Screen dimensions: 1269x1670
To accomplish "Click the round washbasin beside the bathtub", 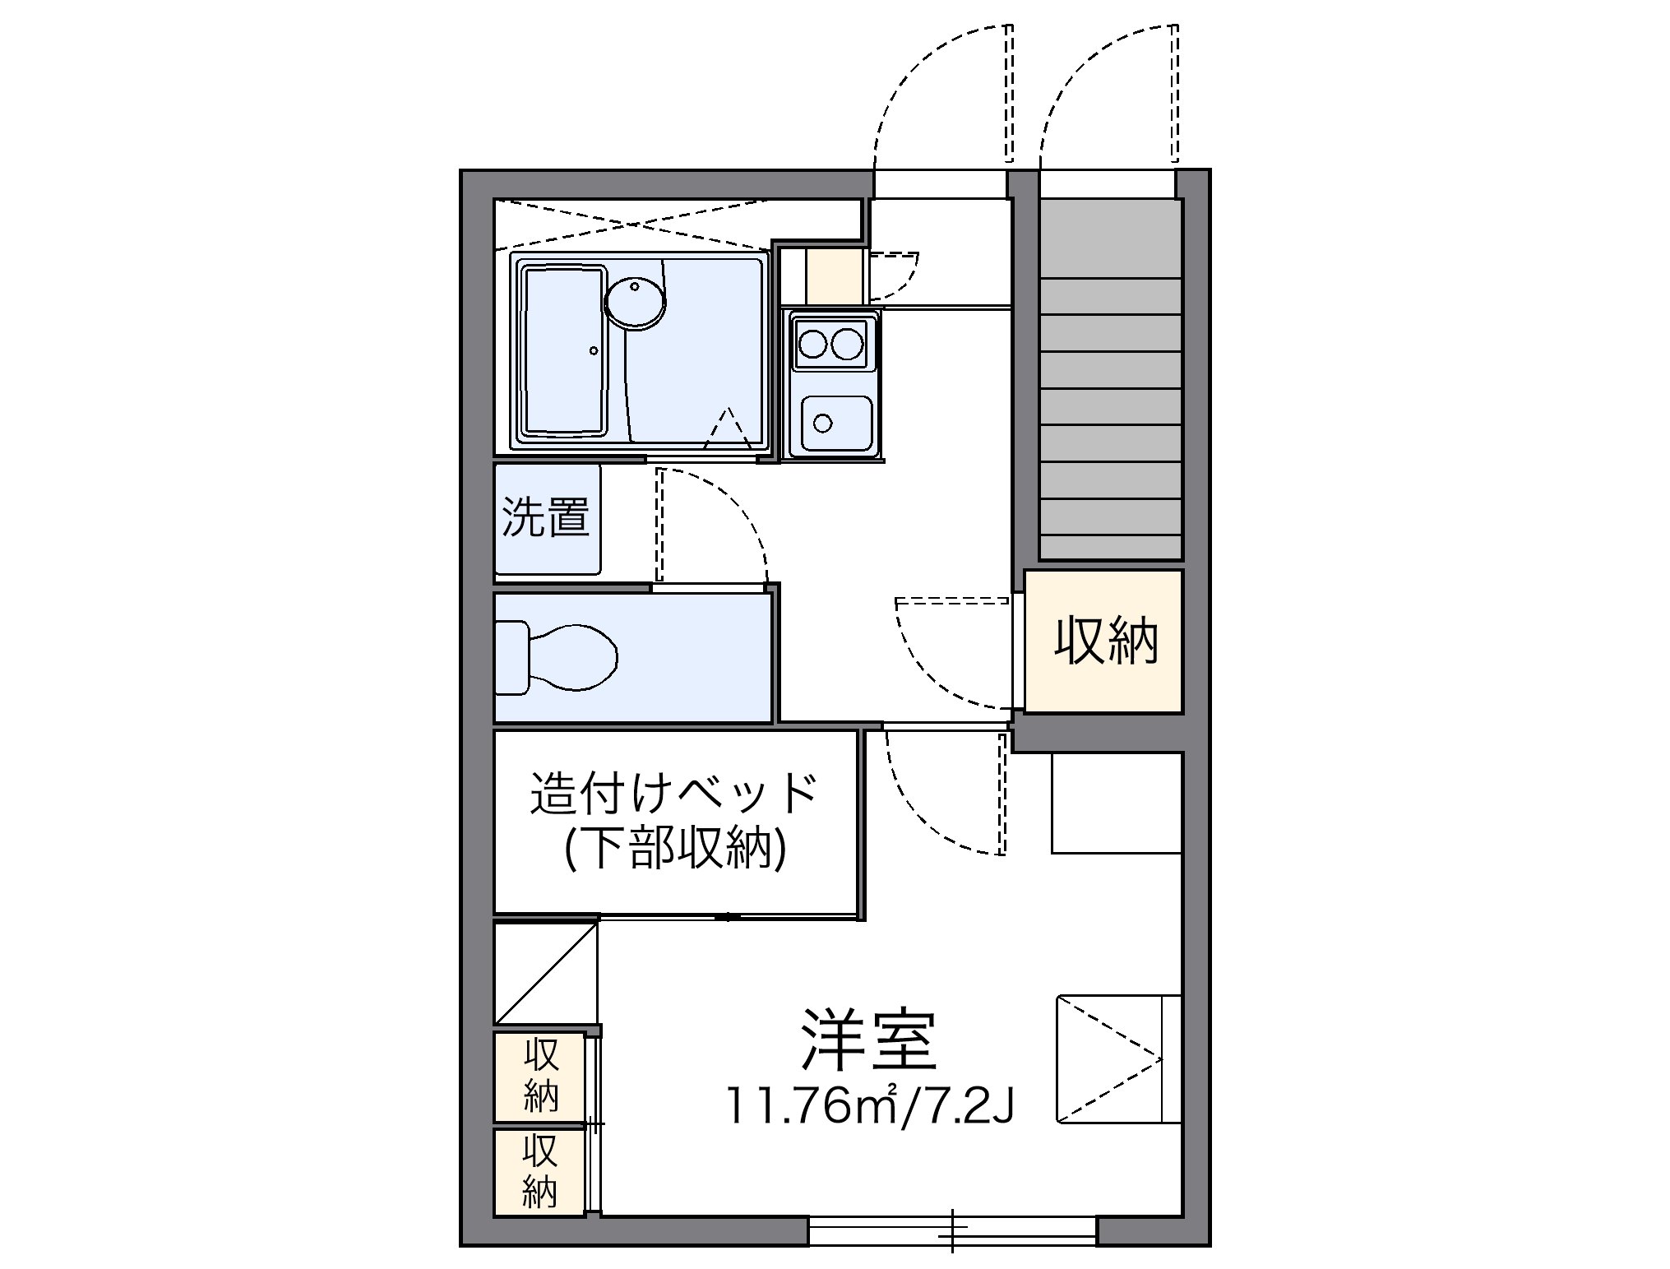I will [x=635, y=302].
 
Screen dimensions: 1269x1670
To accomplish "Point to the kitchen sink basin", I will [x=836, y=423].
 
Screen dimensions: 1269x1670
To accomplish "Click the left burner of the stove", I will [x=812, y=342].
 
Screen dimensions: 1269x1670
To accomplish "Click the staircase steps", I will [x=1110, y=411].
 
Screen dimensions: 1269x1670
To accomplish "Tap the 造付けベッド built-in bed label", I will [x=673, y=792].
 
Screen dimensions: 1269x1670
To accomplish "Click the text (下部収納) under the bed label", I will [x=675, y=849].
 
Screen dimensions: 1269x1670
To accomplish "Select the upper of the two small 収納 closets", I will [x=539, y=1075].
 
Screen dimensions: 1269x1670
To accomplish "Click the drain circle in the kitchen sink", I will [x=822, y=424].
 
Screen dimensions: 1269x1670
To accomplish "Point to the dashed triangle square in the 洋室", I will [x=1108, y=1058].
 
